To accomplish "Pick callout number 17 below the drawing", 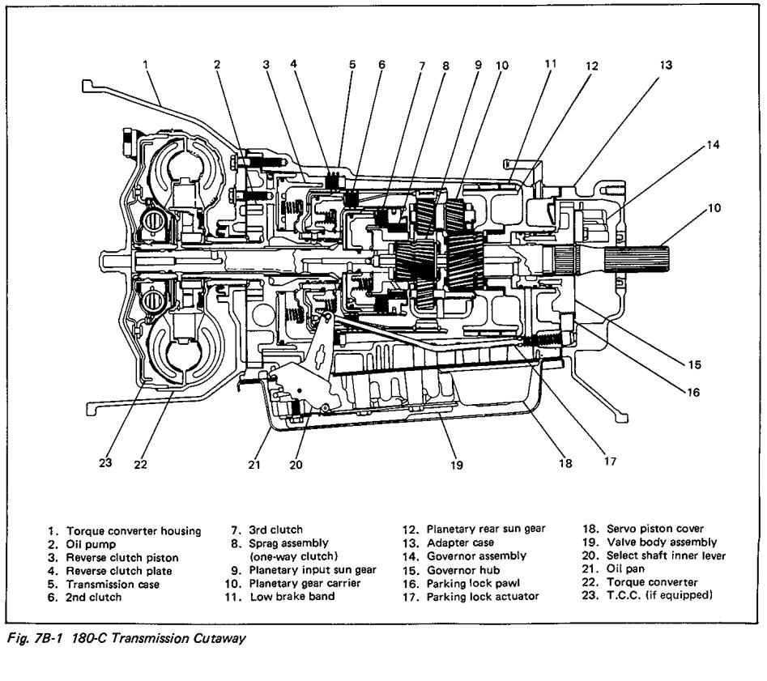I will tap(609, 462).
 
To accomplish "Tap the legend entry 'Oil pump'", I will tap(91, 545).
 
